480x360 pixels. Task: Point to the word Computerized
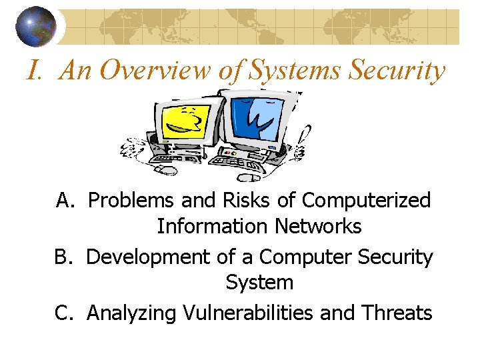click(367, 199)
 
